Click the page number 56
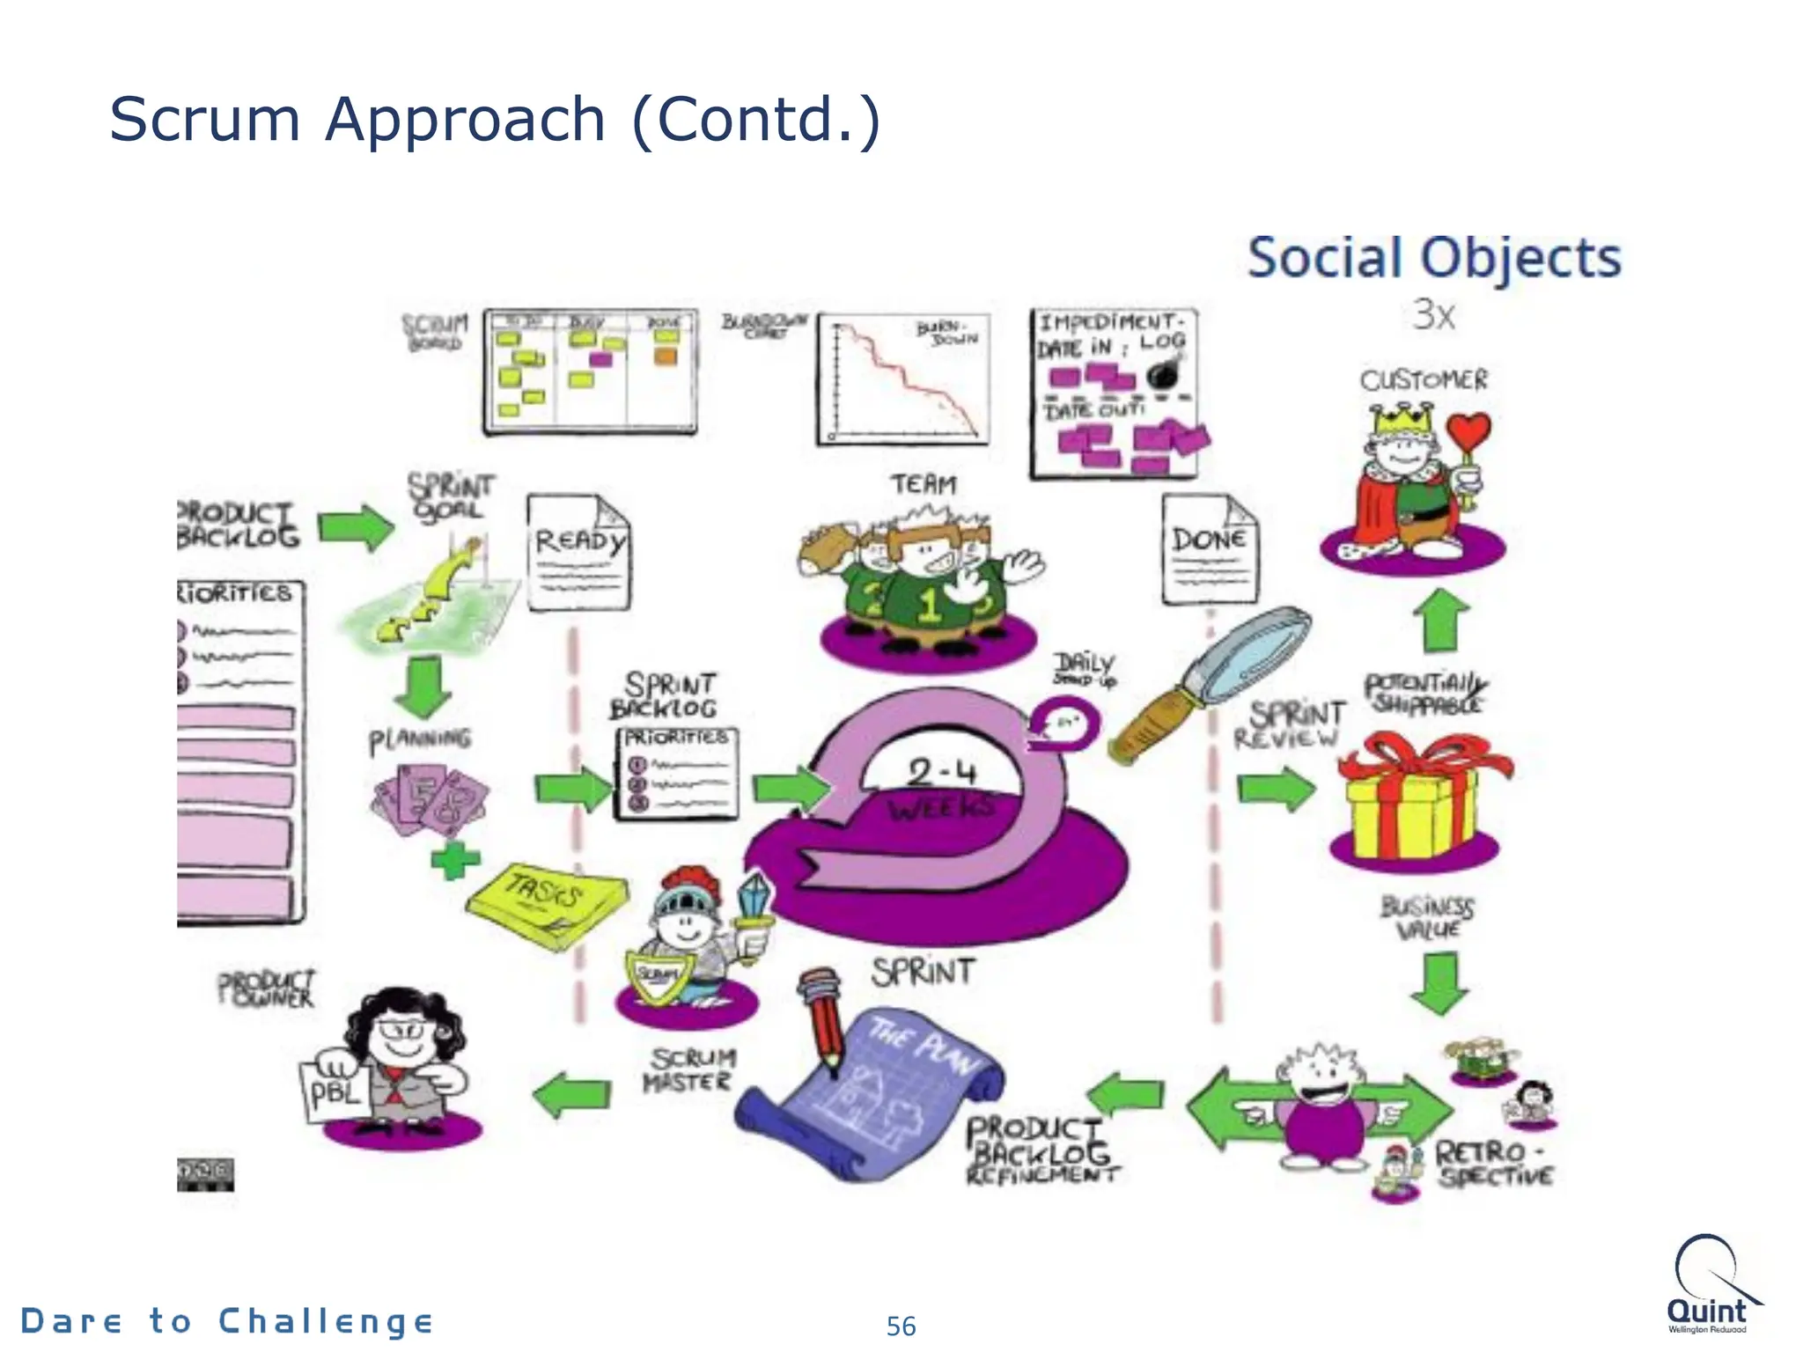[x=901, y=1326]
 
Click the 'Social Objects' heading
[x=1434, y=258]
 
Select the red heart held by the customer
[x=1468, y=432]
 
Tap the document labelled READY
[x=578, y=553]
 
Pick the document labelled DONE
[x=1209, y=550]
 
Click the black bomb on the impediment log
[x=1163, y=373]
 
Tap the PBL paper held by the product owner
[x=335, y=1092]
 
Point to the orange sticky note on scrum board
[x=666, y=356]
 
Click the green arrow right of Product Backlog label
[x=356, y=527]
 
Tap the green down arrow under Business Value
[x=1439, y=982]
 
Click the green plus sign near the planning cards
[x=455, y=859]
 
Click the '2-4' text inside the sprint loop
[x=941, y=772]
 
